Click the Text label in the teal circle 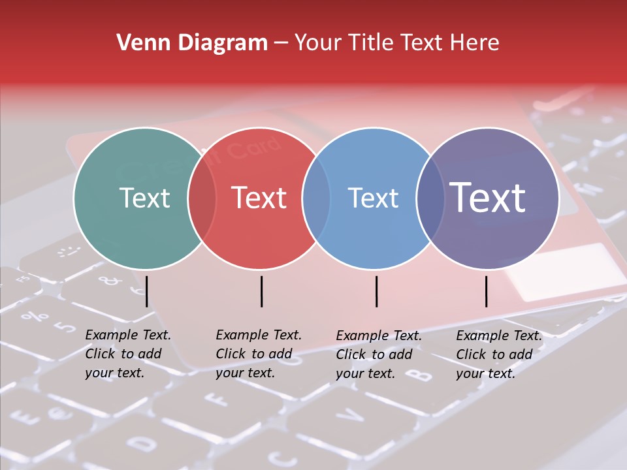pos(144,198)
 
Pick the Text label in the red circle pos(259,198)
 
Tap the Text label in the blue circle pos(373,198)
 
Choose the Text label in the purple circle pos(488,198)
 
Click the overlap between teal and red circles pos(202,198)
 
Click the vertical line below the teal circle pos(147,291)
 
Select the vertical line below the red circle pos(261,291)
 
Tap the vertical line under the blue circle pos(376,291)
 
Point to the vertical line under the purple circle pos(487,291)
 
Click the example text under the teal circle pos(127,354)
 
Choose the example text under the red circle pos(258,354)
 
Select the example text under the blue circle pos(378,354)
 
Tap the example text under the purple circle pos(498,354)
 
